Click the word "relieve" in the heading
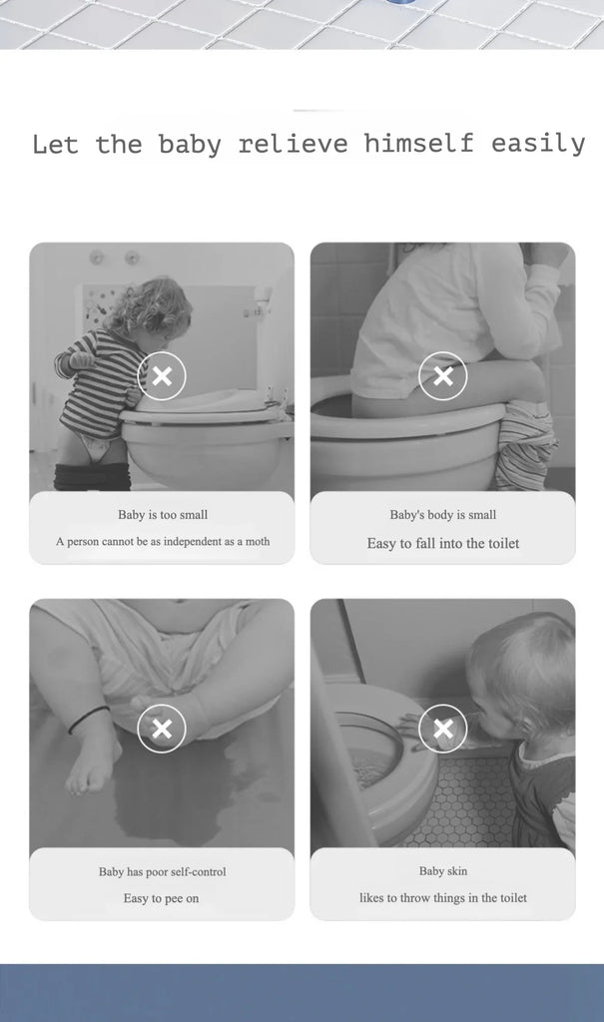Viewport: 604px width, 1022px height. (293, 144)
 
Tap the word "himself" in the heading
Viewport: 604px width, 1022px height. (418, 143)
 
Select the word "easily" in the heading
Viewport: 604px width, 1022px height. (538, 144)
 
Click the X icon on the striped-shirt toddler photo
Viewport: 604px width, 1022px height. (162, 376)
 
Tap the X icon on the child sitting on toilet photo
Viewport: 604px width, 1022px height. (443, 376)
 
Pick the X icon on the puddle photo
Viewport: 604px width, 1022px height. (162, 729)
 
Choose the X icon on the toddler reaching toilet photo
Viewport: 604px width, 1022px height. (443, 729)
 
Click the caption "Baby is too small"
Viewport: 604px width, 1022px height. (163, 515)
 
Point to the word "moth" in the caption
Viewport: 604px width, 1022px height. (257, 541)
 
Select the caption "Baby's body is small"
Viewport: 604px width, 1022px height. (443, 515)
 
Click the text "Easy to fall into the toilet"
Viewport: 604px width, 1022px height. (443, 544)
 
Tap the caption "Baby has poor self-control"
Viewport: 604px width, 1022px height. (163, 871)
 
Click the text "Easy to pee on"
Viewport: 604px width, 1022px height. (161, 898)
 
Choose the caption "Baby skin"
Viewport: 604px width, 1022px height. (443, 870)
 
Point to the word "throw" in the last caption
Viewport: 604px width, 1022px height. (415, 897)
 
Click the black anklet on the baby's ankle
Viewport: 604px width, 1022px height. (90, 719)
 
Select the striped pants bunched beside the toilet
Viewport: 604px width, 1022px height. (525, 444)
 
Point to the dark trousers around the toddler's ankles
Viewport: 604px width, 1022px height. (93, 476)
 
